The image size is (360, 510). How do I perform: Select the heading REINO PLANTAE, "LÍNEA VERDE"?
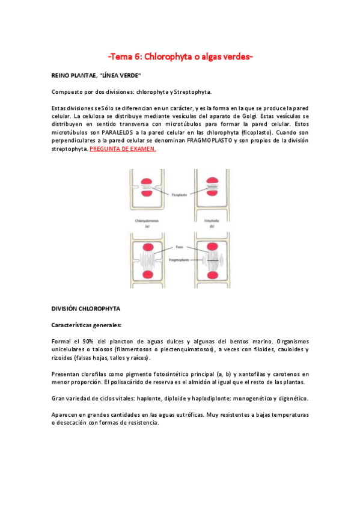pyautogui.click(x=96, y=75)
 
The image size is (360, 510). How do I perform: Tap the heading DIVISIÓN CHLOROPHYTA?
pyautogui.click(x=86, y=309)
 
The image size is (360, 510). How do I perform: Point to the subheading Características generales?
pyautogui.click(x=87, y=325)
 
